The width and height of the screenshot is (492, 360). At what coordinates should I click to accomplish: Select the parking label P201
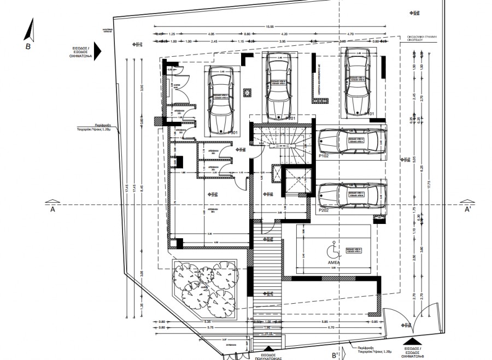(290, 118)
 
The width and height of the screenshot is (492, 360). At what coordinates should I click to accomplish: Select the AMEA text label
(334, 262)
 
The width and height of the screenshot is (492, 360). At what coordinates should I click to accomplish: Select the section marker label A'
(468, 209)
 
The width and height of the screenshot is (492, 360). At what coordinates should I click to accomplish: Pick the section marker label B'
(335, 354)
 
